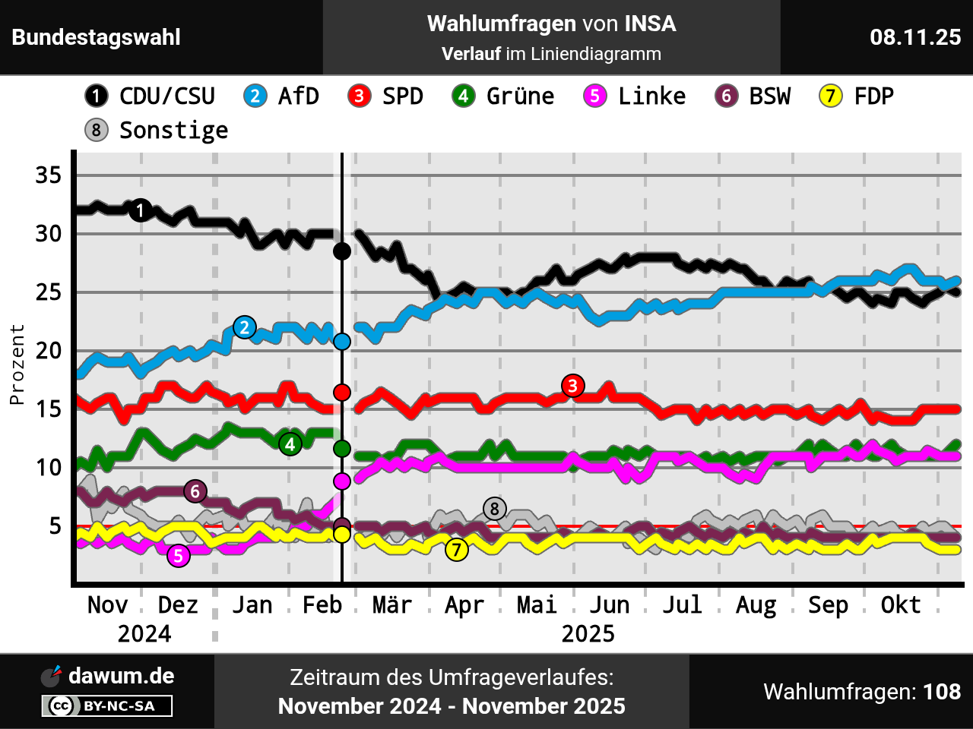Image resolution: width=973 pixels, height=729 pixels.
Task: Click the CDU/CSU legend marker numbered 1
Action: (x=97, y=96)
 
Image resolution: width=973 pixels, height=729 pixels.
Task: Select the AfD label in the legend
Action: (x=298, y=96)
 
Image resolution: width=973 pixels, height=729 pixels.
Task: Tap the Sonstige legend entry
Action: (x=173, y=130)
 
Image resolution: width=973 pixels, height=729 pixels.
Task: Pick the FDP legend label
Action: (x=873, y=96)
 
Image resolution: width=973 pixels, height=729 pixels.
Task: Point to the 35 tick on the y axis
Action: (x=48, y=175)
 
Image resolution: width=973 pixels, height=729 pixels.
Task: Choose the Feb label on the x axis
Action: (x=322, y=605)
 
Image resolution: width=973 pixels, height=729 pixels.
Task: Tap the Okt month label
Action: (x=900, y=605)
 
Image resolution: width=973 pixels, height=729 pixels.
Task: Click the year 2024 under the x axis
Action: (x=144, y=634)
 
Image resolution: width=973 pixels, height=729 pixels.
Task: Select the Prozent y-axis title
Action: (x=17, y=364)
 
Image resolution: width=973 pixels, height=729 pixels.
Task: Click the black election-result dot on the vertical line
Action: (x=342, y=251)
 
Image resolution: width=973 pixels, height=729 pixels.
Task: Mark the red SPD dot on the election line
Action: (x=342, y=392)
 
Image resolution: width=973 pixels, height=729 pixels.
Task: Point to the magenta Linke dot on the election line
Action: (x=342, y=481)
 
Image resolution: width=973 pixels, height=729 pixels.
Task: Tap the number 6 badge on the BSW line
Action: (x=195, y=491)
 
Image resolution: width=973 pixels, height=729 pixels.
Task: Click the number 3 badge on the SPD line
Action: (x=573, y=386)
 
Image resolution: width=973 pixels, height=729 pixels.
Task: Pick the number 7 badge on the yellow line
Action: (x=456, y=549)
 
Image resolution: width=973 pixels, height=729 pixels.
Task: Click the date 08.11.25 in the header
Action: (x=915, y=37)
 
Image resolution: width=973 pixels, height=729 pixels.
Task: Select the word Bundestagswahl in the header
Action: (x=96, y=37)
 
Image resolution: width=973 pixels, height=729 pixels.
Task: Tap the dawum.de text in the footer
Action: (x=121, y=676)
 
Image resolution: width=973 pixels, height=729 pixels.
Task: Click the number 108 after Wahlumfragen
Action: (x=942, y=692)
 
